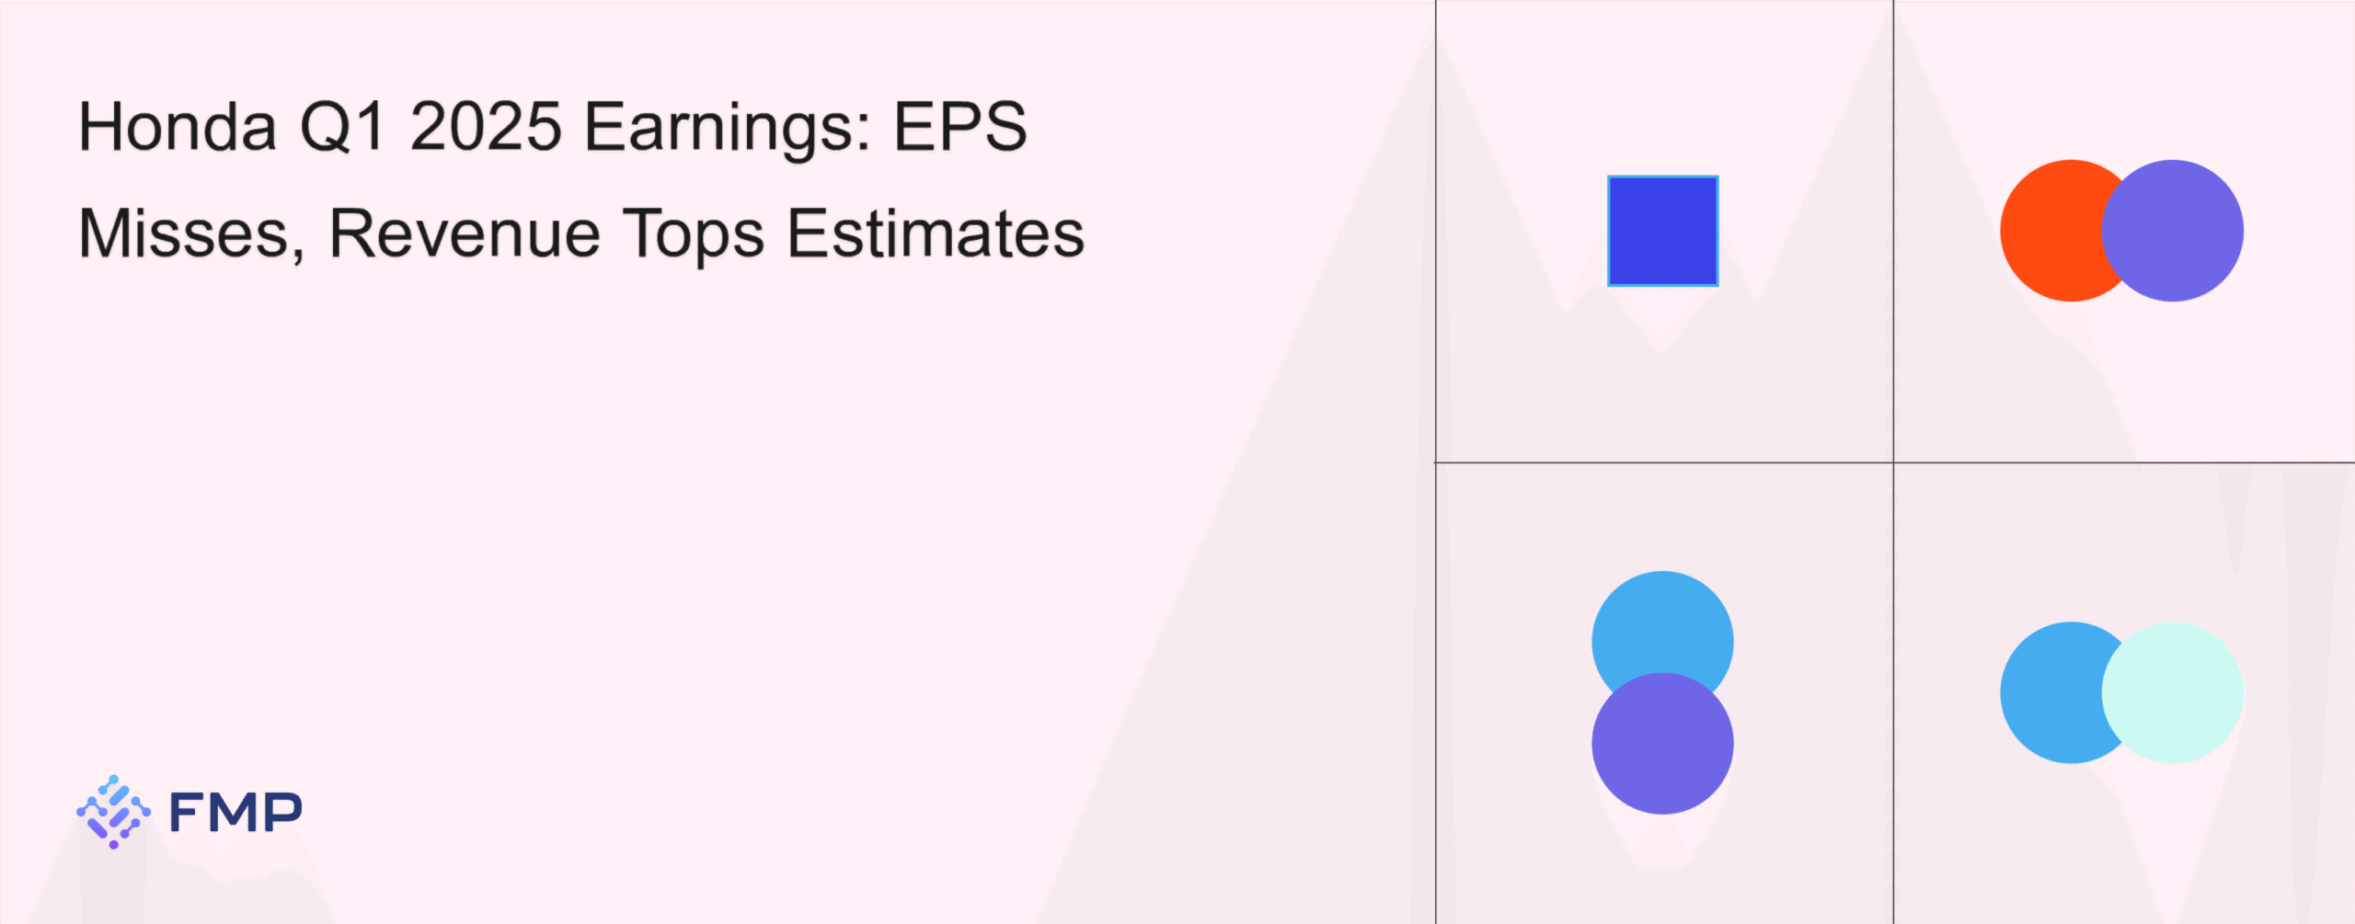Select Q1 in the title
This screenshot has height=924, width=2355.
342,127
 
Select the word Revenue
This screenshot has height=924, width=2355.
465,234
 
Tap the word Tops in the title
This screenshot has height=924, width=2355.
694,235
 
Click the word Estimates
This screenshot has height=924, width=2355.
936,234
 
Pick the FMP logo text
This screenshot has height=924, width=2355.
235,812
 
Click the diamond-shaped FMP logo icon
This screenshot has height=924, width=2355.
113,812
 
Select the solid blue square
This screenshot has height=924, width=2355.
1662,231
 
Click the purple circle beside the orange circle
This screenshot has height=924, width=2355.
2172,231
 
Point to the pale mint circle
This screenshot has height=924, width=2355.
2172,692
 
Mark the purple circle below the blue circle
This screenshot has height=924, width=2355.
1662,743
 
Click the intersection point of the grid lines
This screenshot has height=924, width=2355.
1893,462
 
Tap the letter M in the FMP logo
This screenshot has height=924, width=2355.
235,812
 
